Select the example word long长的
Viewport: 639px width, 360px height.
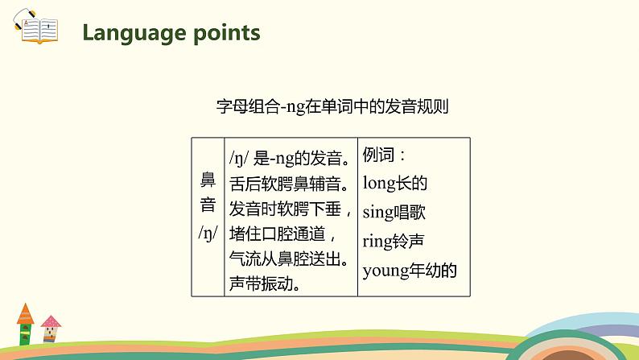tap(394, 183)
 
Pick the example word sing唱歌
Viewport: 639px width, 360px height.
tap(394, 212)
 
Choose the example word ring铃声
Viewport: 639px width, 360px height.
tap(394, 241)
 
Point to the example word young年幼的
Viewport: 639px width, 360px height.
tap(410, 270)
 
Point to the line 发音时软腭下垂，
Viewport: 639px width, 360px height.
tap(291, 208)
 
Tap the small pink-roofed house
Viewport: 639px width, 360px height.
tap(51, 328)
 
